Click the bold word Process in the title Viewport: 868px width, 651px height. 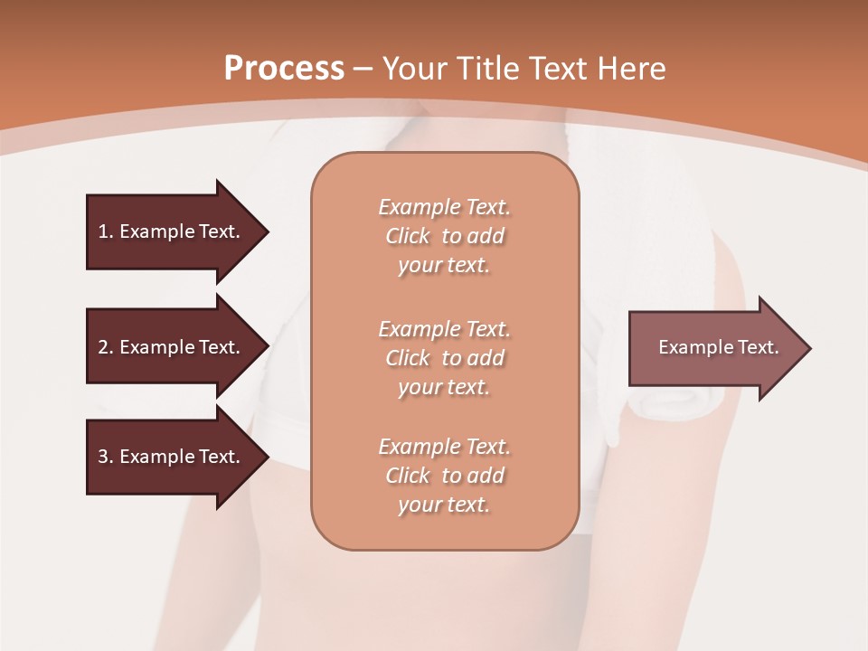pos(284,69)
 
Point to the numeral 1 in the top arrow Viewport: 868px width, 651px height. pos(103,231)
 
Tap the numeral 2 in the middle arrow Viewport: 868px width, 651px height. pos(103,347)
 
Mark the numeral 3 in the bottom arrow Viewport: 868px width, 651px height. pos(103,457)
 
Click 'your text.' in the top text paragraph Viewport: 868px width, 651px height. pos(444,266)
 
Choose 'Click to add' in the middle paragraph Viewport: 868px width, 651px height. pos(444,358)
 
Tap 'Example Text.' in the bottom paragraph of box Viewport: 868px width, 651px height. pos(444,447)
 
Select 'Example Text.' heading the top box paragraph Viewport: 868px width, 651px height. pos(444,207)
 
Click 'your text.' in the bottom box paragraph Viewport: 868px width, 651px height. pos(444,505)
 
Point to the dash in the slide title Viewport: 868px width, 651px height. pos(363,70)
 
